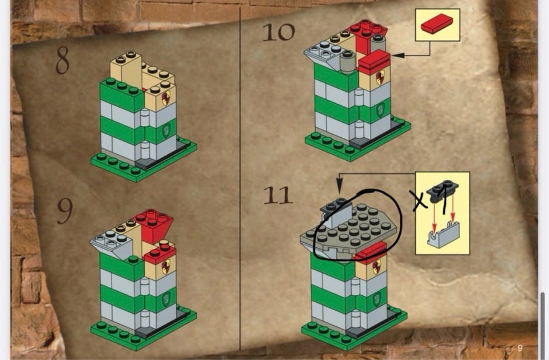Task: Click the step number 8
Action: tap(63, 60)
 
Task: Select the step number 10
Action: tap(279, 32)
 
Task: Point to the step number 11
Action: tap(278, 195)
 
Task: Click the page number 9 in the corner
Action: tap(520, 348)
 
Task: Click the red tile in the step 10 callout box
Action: tap(437, 24)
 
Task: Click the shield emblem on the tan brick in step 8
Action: tap(166, 98)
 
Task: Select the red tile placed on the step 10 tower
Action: tap(375, 62)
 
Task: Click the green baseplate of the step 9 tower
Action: tap(144, 329)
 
